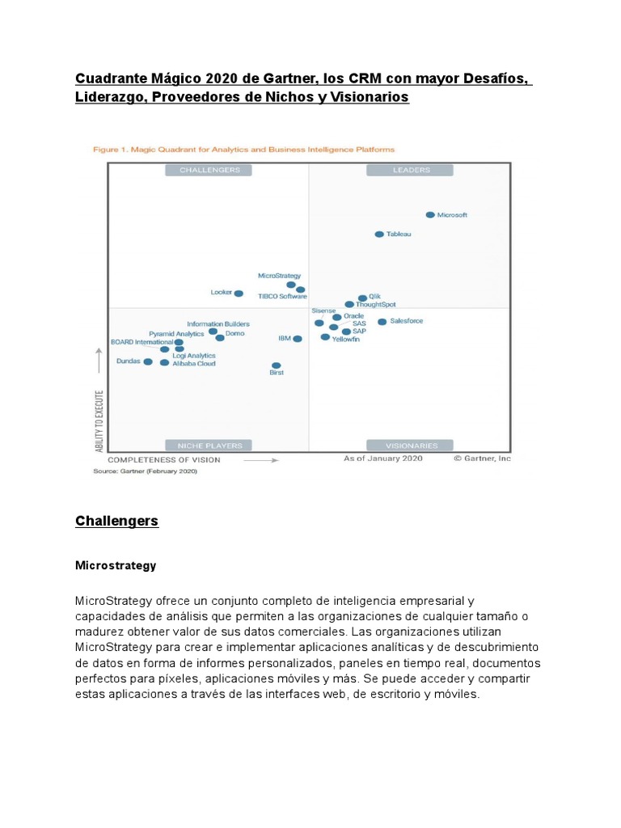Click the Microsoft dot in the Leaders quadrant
[x=430, y=215]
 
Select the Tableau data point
[x=379, y=234]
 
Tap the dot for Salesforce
[x=382, y=322]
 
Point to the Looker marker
[x=239, y=294]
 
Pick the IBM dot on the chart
[x=298, y=339]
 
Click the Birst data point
[x=277, y=365]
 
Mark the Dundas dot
[x=148, y=362]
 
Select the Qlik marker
[x=361, y=298]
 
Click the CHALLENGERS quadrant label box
[x=209, y=170]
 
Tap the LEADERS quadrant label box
[x=410, y=170]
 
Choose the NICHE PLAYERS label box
[x=209, y=446]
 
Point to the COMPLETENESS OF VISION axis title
[x=164, y=459]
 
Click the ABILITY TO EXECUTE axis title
[x=99, y=420]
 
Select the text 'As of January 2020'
[x=383, y=458]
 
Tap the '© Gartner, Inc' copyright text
[x=482, y=458]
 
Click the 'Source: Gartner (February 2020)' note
[x=145, y=471]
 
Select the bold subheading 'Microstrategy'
[x=115, y=566]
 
